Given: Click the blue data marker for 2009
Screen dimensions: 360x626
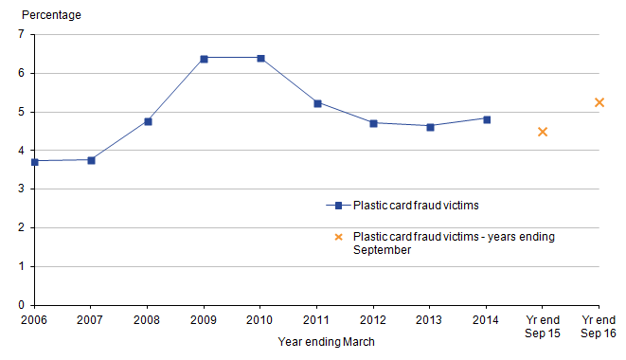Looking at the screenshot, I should [204, 59].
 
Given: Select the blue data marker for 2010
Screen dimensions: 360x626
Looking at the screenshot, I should [260, 59].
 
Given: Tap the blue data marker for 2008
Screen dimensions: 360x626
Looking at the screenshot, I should [148, 121].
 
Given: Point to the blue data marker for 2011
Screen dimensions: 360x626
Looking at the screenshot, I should [317, 103].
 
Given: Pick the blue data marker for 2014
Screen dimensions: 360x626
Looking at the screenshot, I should [487, 119].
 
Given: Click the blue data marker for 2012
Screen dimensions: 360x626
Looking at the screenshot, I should [374, 123].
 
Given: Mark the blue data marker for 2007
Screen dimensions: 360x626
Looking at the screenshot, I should [91, 160].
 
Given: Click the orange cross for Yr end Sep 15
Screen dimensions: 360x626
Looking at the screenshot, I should [543, 132].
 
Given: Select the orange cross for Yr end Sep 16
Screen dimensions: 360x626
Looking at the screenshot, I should [599, 102].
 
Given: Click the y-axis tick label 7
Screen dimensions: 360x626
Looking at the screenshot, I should [21, 34].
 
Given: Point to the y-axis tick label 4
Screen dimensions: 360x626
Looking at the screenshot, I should [21, 151].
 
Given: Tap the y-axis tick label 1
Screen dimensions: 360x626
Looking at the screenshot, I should [21, 267].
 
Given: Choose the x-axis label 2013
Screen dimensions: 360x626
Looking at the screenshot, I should [430, 321].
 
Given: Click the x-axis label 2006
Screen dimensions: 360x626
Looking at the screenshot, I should [34, 321].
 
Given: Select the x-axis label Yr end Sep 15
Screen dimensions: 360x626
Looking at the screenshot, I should [543, 327].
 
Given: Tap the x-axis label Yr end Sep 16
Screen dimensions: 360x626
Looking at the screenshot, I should [599, 327].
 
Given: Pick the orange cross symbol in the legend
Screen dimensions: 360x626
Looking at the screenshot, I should [337, 237].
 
